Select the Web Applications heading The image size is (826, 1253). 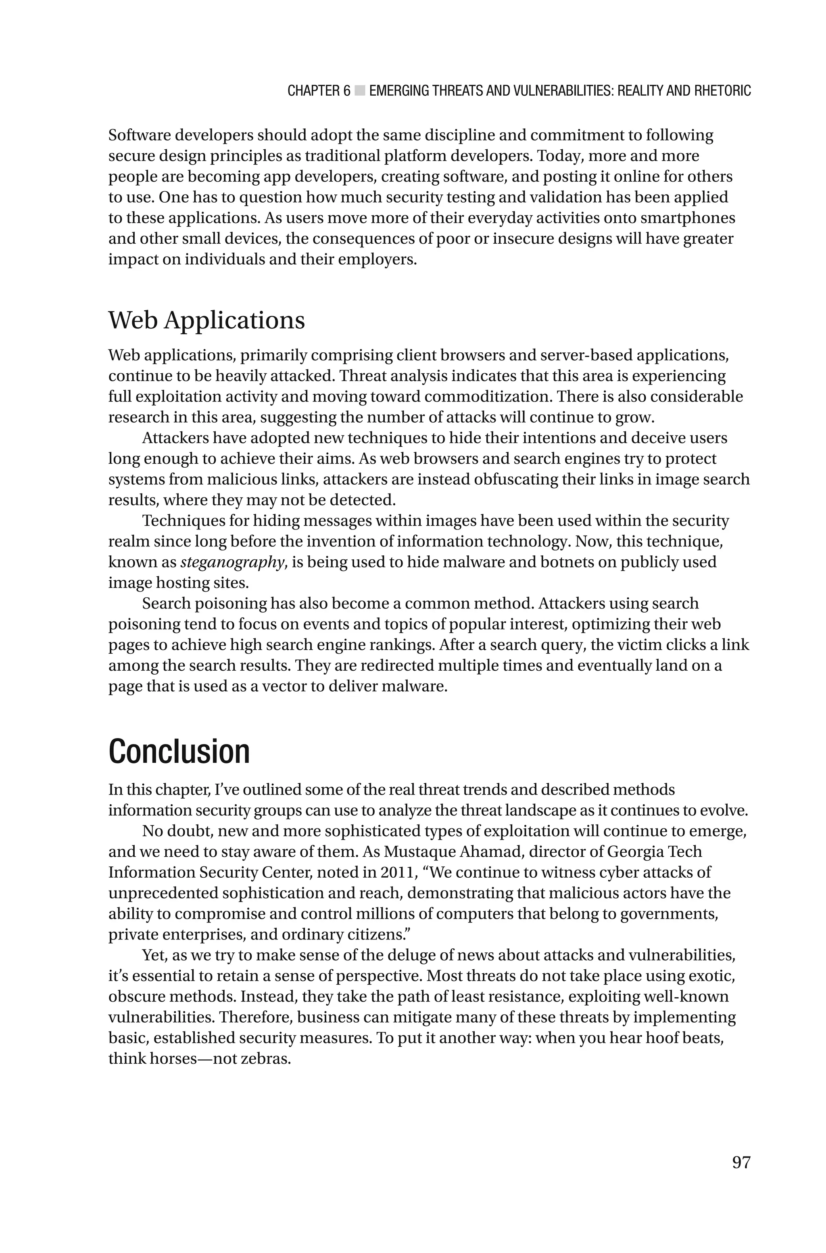click(x=206, y=320)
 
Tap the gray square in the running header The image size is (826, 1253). click(x=360, y=91)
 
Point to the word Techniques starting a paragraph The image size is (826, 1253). click(x=184, y=521)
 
